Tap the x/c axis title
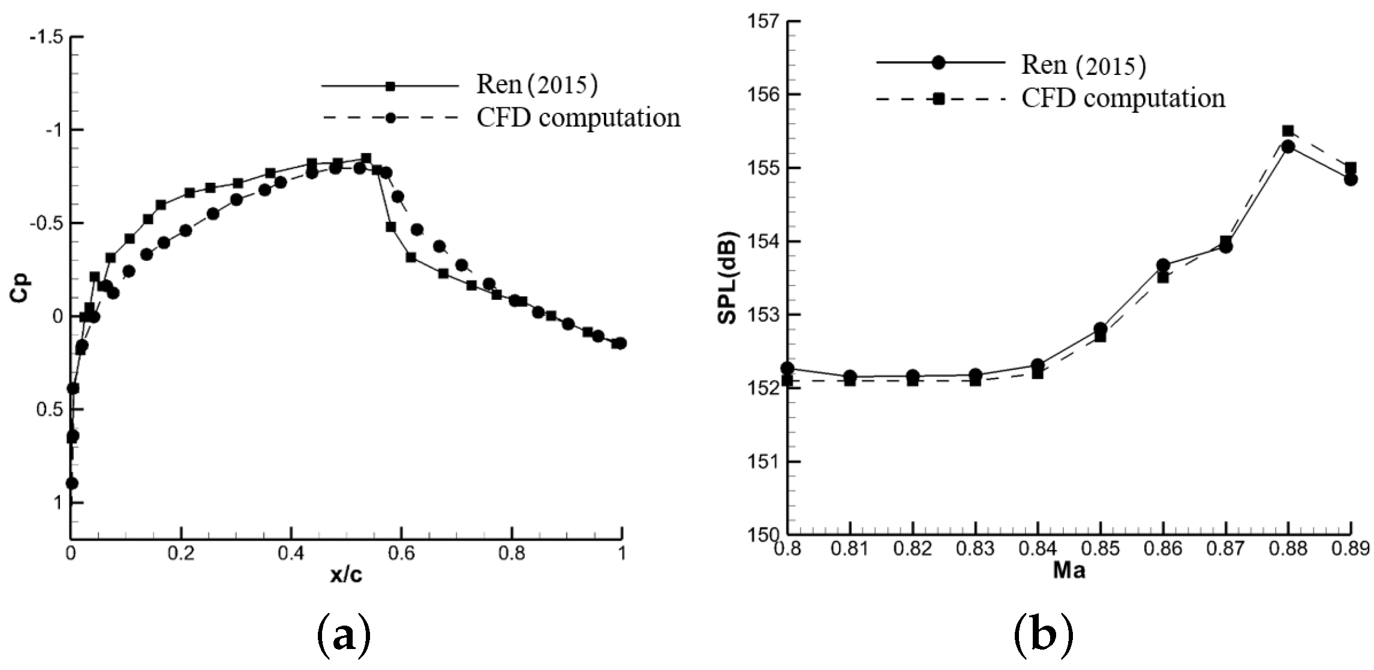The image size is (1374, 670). (x=346, y=575)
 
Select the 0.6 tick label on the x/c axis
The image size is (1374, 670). (x=401, y=552)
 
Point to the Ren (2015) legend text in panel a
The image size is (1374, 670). (x=537, y=85)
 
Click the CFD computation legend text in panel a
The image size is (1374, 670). (x=578, y=118)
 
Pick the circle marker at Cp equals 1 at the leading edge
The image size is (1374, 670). (x=72, y=483)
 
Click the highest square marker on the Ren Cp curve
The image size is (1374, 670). (x=366, y=158)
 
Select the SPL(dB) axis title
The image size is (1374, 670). (x=727, y=278)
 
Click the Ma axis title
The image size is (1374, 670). (x=1069, y=570)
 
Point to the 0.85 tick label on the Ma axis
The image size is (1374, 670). (x=1101, y=549)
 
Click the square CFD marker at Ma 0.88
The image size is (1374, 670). (x=1288, y=131)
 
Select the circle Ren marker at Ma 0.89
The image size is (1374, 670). (x=1351, y=179)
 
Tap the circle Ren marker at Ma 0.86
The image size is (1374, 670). (x=1163, y=265)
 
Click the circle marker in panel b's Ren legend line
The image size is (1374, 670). (x=939, y=62)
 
